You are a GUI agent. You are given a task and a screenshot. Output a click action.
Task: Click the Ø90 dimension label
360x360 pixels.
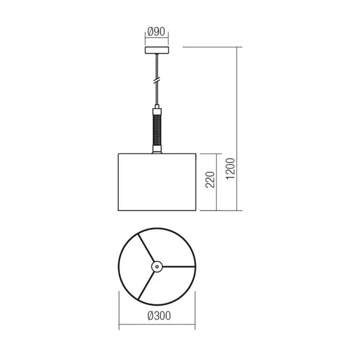157,32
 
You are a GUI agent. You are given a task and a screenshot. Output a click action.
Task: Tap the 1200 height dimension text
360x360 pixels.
231,169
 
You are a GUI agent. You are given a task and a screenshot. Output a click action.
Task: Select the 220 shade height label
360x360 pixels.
210,180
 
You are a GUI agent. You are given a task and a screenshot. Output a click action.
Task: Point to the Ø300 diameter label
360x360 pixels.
159,316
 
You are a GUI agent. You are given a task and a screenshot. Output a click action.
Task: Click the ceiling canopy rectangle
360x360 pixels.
157,51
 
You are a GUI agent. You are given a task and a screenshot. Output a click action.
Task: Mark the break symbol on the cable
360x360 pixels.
157,81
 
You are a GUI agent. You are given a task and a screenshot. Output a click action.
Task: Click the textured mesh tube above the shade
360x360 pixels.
157,129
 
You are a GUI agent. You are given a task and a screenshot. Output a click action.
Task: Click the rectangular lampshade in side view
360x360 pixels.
157,182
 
